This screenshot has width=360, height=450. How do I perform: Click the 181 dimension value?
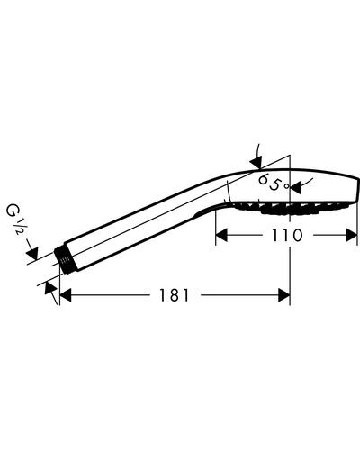pos(174,295)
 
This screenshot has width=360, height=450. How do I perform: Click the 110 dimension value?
pos(287,235)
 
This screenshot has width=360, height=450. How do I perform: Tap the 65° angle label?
pos(274,183)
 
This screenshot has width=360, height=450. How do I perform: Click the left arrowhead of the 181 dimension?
pos(66,295)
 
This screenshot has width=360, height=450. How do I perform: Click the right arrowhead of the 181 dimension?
pos(284,295)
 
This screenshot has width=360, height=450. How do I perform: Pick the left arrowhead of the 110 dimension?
pos(221,235)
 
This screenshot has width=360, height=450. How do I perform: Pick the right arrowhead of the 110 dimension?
pos(352,235)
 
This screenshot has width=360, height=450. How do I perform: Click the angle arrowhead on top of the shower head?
pos(256,162)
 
